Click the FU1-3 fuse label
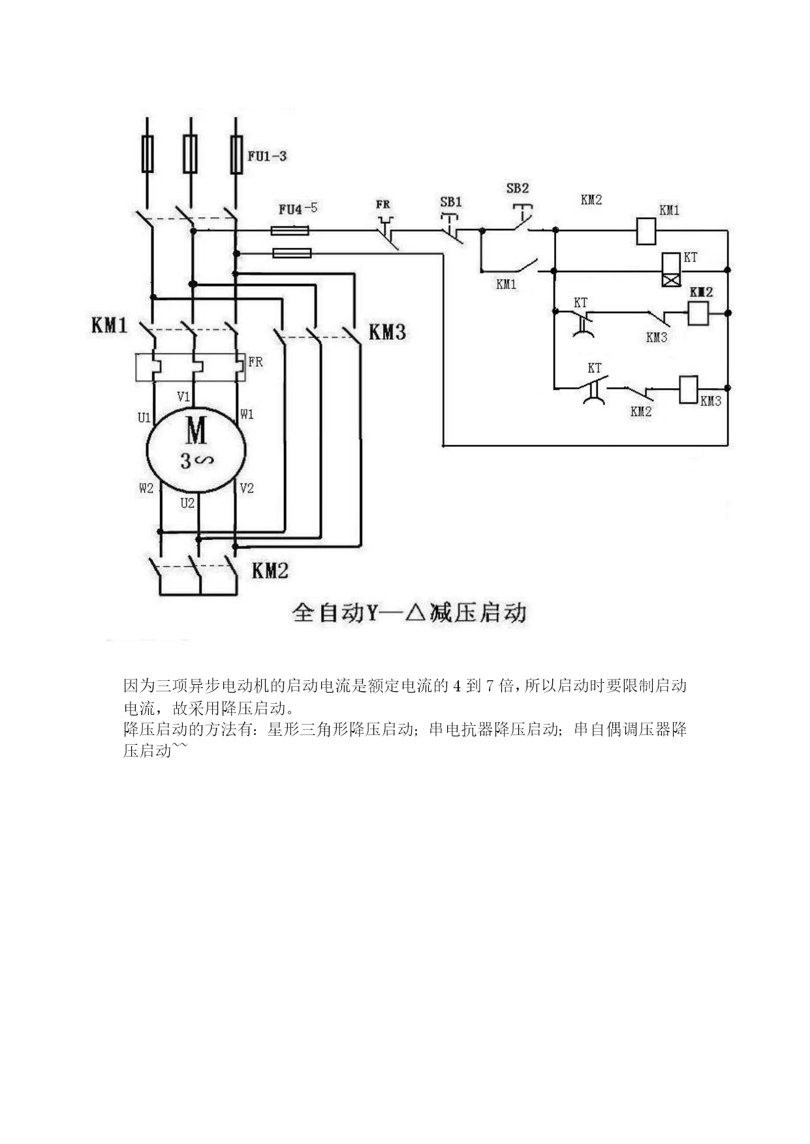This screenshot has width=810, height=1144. coord(267,156)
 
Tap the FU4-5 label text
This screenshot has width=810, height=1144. coord(298,209)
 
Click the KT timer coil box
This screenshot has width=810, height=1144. coord(672,269)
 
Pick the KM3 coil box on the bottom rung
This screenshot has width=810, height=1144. coord(689,389)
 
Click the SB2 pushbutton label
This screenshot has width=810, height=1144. coord(517,188)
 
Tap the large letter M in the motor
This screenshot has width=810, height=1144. coord(196,430)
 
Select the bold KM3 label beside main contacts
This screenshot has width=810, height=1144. coord(387,332)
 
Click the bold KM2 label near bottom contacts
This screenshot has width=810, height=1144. coord(270,571)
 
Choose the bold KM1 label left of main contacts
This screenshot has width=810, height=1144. coord(109,325)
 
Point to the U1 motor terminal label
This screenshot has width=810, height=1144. coord(144,417)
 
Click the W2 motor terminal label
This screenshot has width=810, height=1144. coord(146,488)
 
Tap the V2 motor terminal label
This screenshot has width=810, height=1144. coord(246,488)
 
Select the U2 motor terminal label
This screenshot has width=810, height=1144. coord(187,503)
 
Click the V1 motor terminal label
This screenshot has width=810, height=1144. coord(183,397)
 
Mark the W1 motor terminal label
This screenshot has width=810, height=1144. coord(246,414)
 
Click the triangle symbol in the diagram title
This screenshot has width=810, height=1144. coord(415,612)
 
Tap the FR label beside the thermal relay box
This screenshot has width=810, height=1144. coord(255,362)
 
